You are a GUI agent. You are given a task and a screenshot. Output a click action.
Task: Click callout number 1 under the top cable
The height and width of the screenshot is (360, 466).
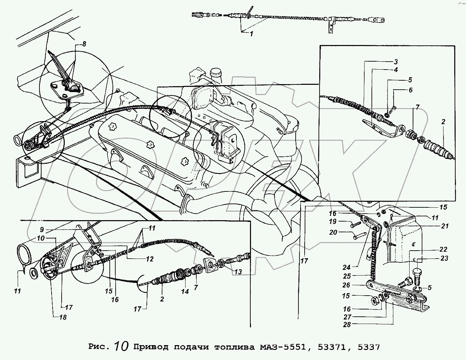tap(252, 34)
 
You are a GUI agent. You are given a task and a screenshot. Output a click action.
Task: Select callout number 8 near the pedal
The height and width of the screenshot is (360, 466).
tap(84, 44)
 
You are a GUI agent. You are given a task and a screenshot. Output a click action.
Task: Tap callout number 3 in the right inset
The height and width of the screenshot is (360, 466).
tap(396, 62)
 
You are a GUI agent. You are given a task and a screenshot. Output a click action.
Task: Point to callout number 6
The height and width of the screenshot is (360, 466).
tap(411, 90)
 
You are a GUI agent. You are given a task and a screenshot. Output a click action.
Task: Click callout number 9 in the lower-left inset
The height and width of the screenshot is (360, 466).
tap(42, 229)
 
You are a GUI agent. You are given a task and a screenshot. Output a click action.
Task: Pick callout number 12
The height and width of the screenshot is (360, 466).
tap(150, 259)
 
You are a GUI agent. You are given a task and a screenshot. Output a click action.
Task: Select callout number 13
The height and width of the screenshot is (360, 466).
tap(238, 272)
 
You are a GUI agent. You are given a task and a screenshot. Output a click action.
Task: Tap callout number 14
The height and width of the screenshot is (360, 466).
tap(185, 291)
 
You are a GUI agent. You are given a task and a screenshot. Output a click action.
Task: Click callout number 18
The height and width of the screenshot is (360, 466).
tap(63, 317)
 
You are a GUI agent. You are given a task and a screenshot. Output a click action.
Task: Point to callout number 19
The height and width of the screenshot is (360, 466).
tap(333, 222)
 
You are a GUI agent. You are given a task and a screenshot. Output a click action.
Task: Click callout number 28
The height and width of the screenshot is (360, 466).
tap(347, 324)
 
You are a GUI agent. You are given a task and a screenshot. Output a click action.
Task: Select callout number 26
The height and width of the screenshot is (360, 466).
tap(346, 285)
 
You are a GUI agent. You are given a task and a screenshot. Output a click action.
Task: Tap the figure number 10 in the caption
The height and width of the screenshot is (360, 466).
tap(122, 346)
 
